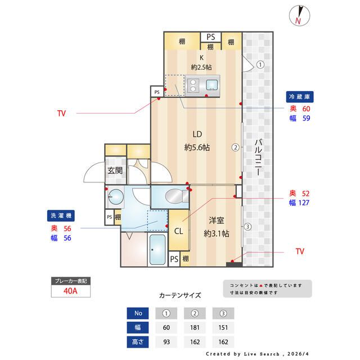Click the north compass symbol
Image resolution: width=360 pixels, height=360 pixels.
(298, 15)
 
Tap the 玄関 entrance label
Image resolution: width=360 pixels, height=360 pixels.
(115, 170)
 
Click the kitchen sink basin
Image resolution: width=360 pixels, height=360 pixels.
(213, 85)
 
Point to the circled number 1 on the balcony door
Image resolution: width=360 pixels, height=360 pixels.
(260, 64)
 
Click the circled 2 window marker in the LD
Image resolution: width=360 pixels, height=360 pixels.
(236, 148)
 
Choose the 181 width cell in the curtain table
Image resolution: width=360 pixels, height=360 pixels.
(194, 327)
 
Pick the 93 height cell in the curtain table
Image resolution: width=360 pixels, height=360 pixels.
(166, 341)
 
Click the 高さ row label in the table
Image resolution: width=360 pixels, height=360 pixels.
(138, 341)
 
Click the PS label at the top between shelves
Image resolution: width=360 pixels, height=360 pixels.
(210, 37)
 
